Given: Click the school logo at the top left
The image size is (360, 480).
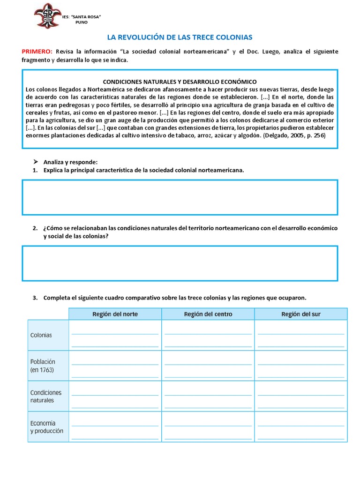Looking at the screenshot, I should coord(47,15).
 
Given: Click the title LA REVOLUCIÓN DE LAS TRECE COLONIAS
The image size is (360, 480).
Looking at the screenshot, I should coord(180,37).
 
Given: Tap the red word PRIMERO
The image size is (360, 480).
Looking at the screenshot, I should coord(37,52).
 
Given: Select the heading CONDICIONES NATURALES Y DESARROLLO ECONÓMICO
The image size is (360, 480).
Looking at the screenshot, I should coord(180,82).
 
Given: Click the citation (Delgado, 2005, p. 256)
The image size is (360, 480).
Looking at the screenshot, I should coord(294,135).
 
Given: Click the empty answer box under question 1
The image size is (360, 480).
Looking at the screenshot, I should coord(180,197).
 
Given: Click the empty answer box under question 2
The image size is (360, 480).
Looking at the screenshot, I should coord(180,263).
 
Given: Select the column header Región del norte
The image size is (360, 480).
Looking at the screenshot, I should coord(115,314).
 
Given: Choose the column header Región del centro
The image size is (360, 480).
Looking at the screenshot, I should coord(208,314).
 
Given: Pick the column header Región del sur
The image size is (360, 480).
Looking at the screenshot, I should coord(301,314).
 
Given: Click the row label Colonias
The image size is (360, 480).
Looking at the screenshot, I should coord(41,335).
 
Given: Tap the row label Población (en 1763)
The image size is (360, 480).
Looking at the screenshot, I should coord(43,366).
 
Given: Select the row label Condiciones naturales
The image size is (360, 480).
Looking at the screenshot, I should coord(45,397).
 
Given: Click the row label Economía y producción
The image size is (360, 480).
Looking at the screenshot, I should coord(46,427).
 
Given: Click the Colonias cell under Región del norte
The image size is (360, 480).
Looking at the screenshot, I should coord(115,335).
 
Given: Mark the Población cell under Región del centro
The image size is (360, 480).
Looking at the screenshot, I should coord(208,366).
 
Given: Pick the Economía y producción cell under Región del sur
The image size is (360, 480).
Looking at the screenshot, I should coord(301,427).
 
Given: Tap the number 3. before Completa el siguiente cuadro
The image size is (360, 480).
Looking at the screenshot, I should coord(35,298).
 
